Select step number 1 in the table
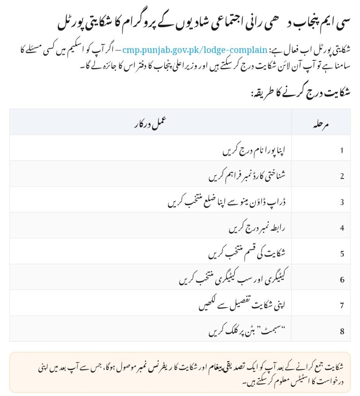coord(342,150)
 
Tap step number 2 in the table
coord(342,176)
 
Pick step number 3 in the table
coord(342,202)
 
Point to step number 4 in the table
coord(342,228)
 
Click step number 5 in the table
coord(342,254)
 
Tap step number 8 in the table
coord(342,332)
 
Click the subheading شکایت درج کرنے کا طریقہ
coord(300,93)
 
